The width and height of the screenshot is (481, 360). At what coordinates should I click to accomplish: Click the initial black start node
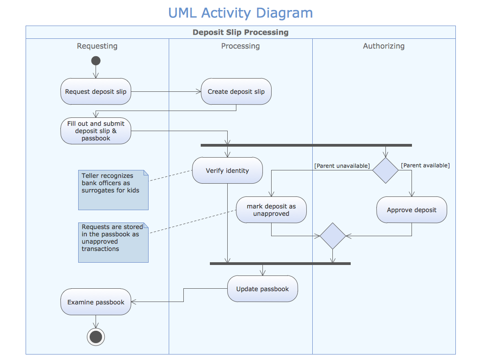pyautogui.click(x=96, y=61)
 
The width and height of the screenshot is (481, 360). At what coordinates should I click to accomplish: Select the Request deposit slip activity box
pyautogui.click(x=96, y=91)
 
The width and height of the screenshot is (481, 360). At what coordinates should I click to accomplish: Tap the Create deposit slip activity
pyautogui.click(x=236, y=91)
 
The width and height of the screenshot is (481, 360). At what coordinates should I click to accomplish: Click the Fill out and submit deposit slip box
pyautogui.click(x=96, y=131)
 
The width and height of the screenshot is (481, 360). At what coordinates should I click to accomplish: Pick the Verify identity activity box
pyautogui.click(x=227, y=170)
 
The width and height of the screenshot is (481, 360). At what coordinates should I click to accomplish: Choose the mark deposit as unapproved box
pyautogui.click(x=271, y=210)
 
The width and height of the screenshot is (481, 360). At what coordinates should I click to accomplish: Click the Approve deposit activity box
pyautogui.click(x=412, y=210)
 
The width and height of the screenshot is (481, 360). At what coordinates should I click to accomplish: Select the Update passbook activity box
pyautogui.click(x=262, y=289)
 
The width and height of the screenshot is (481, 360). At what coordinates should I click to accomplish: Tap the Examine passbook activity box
pyautogui.click(x=96, y=302)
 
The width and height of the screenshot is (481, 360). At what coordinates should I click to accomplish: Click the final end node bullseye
pyautogui.click(x=96, y=337)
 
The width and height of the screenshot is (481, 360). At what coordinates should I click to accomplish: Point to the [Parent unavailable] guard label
pyautogui.click(x=342, y=165)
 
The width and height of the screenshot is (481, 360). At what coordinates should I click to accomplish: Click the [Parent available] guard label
pyautogui.click(x=425, y=165)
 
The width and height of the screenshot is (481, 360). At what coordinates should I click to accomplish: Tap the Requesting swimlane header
pyautogui.click(x=97, y=46)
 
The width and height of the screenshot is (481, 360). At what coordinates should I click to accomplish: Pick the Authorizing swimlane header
pyautogui.click(x=384, y=46)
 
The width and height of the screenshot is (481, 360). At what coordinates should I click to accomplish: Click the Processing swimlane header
pyautogui.click(x=240, y=46)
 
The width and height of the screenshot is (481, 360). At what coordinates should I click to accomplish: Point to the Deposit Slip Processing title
pyautogui.click(x=240, y=32)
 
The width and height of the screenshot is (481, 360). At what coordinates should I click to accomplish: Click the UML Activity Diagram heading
pyautogui.click(x=240, y=13)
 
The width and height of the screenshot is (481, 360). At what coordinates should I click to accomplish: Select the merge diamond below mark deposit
pyautogui.click(x=333, y=236)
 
